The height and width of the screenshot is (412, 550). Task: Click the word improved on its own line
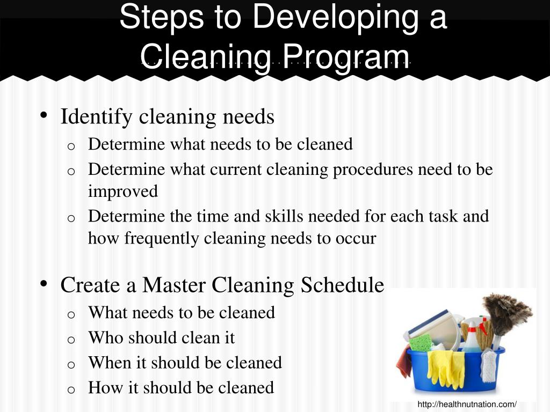[x=123, y=192]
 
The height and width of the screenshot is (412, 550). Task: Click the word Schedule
[x=342, y=285]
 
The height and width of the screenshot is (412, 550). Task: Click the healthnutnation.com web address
[x=467, y=404]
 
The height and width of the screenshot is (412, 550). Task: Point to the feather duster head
[x=507, y=312]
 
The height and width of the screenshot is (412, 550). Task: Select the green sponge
[x=421, y=342]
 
